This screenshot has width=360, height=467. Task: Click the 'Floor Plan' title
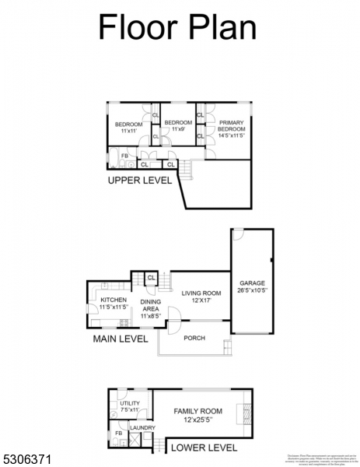coord(177,26)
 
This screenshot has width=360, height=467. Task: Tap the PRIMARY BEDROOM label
coord(231,129)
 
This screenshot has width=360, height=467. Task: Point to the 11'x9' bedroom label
coord(178,126)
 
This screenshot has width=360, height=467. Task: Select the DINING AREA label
coord(150,309)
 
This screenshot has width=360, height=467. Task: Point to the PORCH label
coord(194,339)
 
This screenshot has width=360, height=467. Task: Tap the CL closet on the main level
coord(151,278)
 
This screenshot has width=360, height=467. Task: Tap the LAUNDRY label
coord(142,428)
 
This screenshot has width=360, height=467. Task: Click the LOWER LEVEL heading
coord(204,448)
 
